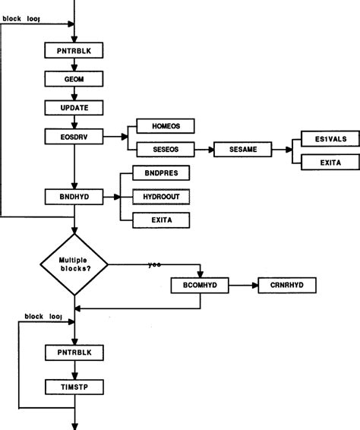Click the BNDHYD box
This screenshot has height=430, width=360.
74,196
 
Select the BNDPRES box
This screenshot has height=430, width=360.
160,172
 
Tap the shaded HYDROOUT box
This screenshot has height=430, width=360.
160,196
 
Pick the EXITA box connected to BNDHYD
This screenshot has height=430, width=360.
160,220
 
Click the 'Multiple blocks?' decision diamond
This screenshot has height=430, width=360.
74,265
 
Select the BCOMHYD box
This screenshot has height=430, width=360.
201,285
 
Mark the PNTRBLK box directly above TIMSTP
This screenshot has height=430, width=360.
74,353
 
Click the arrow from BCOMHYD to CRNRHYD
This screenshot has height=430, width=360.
244,285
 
